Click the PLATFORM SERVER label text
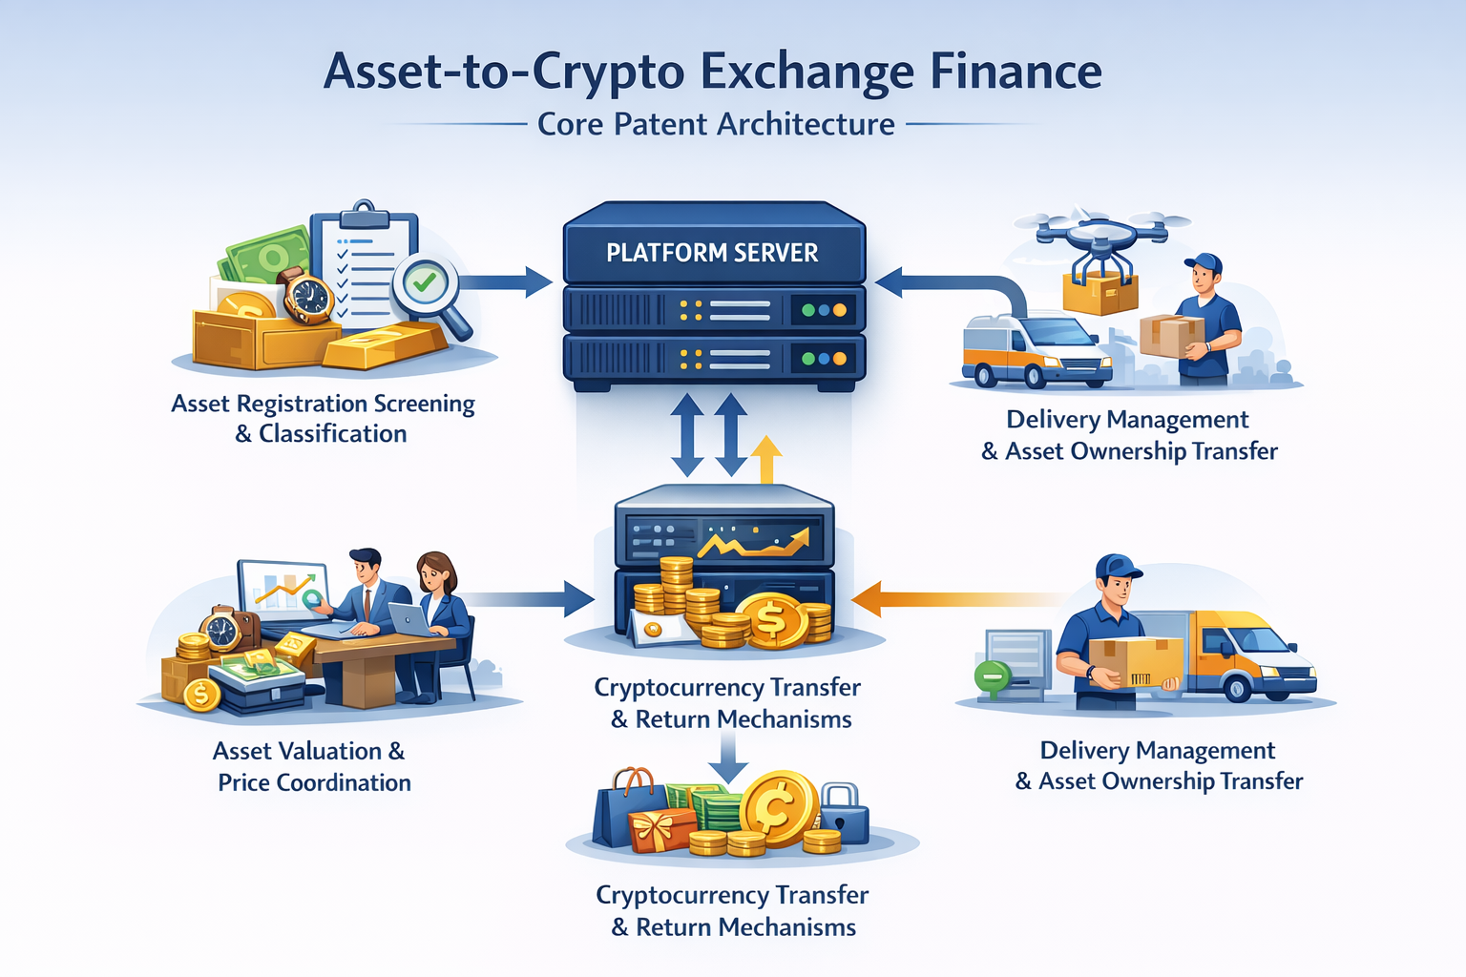(x=712, y=253)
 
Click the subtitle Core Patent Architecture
(x=716, y=124)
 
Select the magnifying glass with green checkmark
(x=427, y=283)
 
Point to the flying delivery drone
(x=1102, y=234)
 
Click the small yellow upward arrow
(x=765, y=459)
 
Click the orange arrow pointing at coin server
(x=945, y=600)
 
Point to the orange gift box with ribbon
(x=662, y=828)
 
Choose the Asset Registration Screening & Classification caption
(x=323, y=419)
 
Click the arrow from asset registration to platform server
(x=506, y=281)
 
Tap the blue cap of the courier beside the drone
(x=1204, y=261)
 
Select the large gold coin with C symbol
(x=778, y=808)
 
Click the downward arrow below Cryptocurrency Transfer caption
(x=728, y=759)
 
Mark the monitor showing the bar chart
(x=283, y=589)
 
